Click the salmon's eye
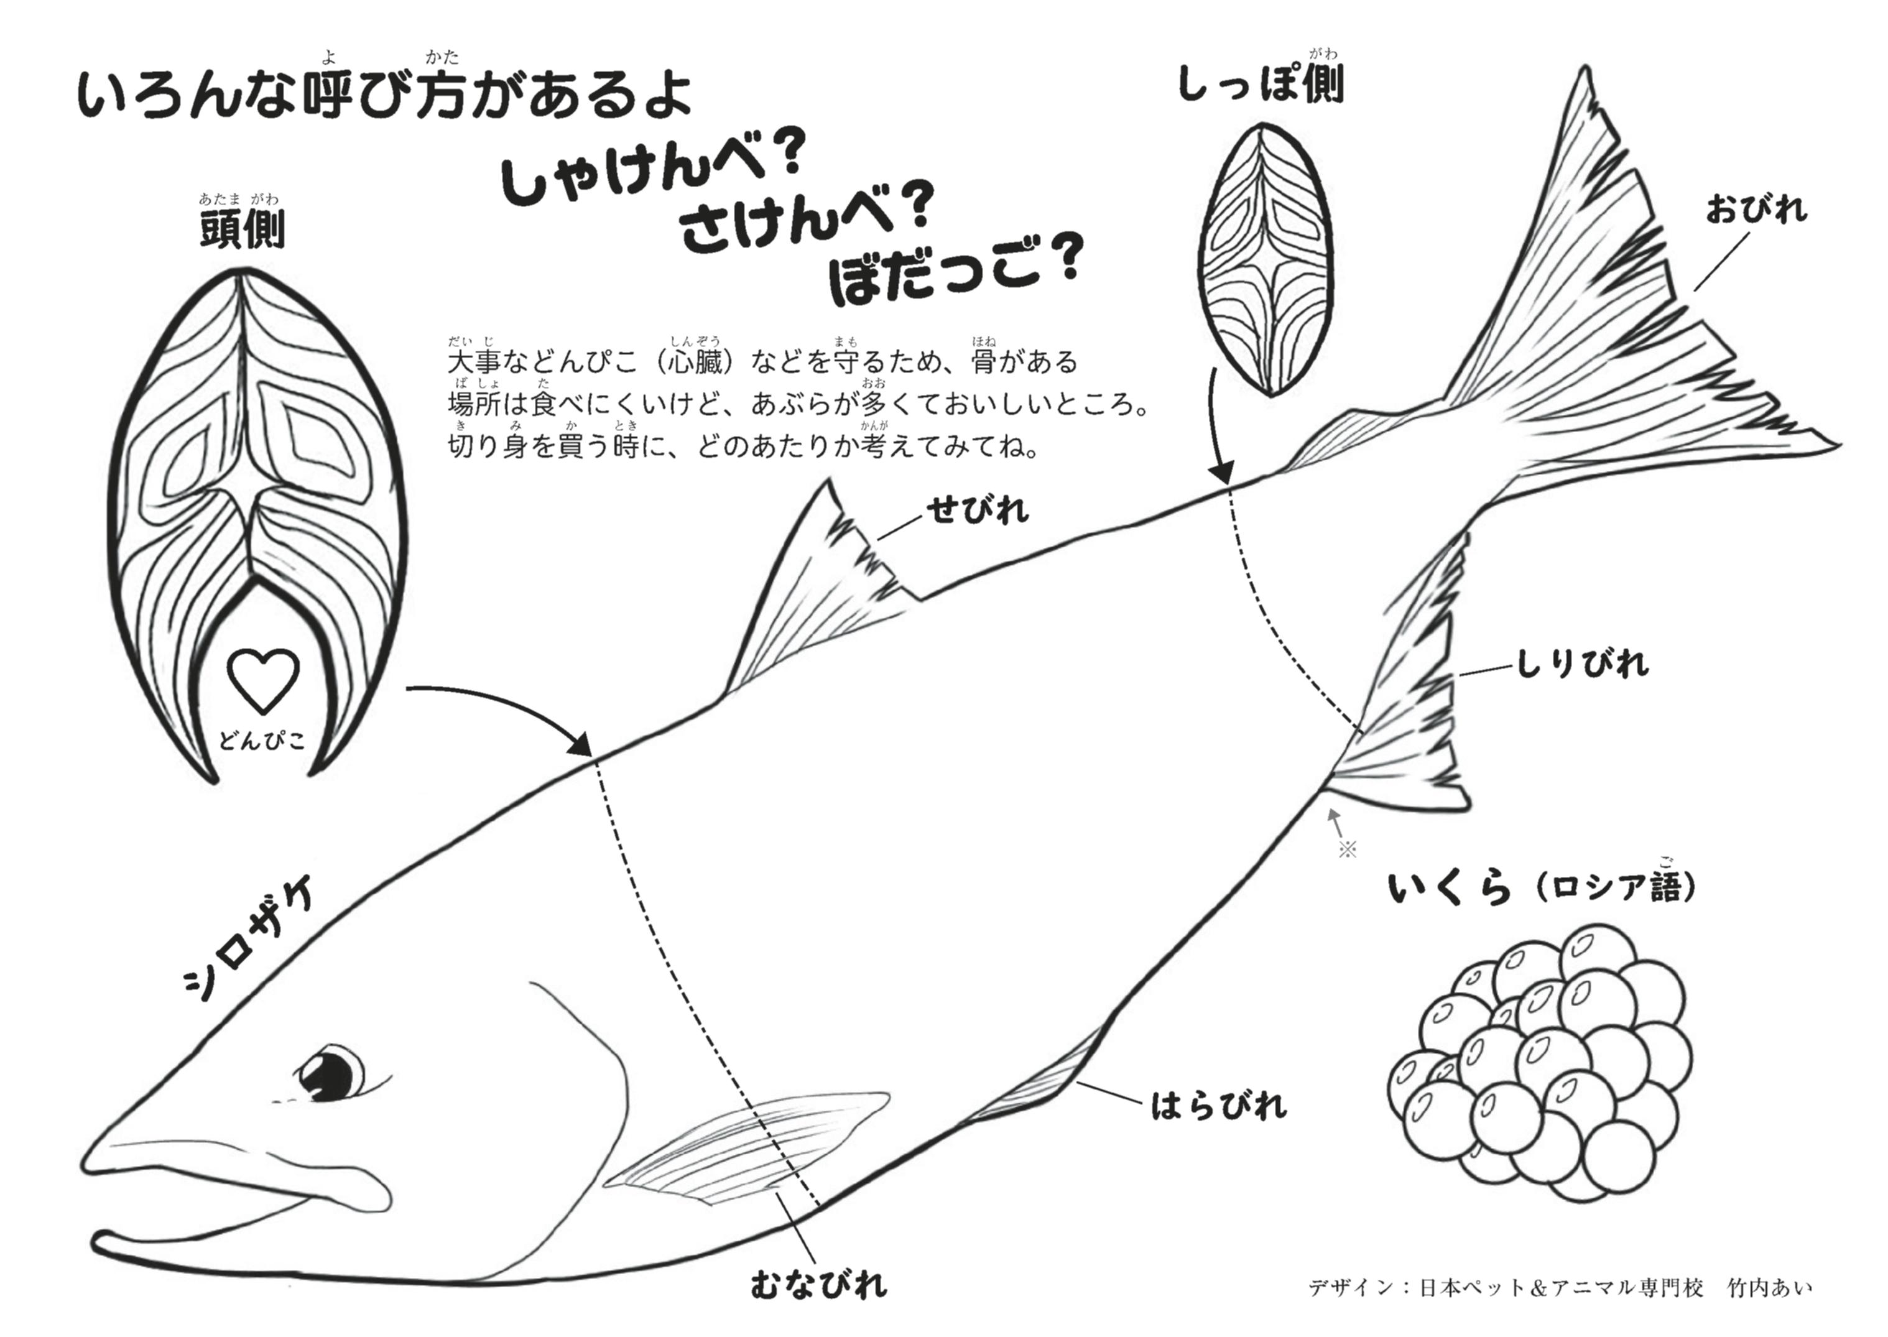pos(330,1073)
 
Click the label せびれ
pos(978,511)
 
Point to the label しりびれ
pos(1583,663)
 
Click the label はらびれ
pos(1219,1106)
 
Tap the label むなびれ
pos(818,1284)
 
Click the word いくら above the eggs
pos(1450,889)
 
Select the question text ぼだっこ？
pos(955,269)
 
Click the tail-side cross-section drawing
pos(1265,259)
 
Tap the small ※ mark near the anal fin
pos(1347,849)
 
